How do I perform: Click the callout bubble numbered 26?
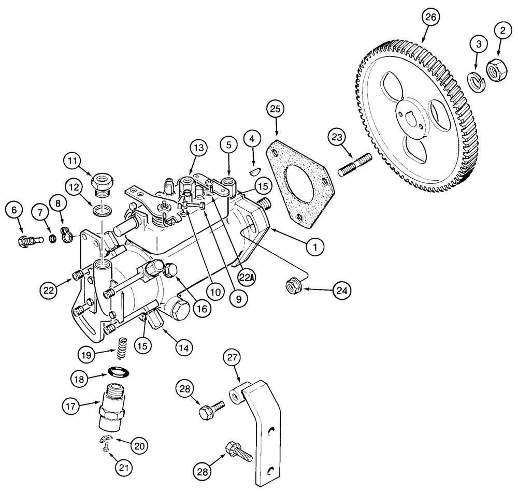pyautogui.click(x=431, y=17)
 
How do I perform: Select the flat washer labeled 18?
pyautogui.click(x=118, y=372)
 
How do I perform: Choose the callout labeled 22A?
pyautogui.click(x=249, y=278)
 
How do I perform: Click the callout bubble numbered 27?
pyautogui.click(x=233, y=358)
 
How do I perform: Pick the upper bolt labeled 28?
pyautogui.click(x=210, y=410)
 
